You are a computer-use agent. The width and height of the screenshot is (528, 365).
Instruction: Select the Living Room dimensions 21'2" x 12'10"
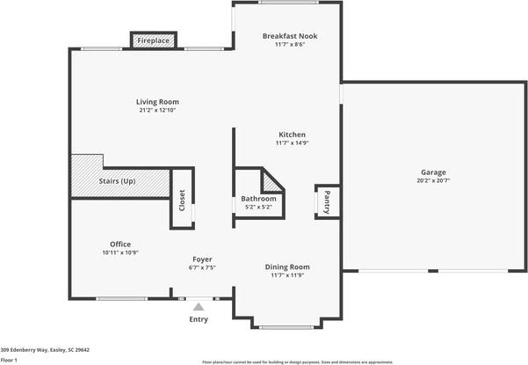157,111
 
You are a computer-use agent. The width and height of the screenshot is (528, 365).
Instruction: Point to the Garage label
433,172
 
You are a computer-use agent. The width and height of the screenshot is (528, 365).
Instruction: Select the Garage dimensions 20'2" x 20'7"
433,180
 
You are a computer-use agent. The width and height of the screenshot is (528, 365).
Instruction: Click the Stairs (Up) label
116,180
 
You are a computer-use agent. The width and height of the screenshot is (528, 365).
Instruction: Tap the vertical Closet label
182,200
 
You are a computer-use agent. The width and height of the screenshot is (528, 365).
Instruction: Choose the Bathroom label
258,199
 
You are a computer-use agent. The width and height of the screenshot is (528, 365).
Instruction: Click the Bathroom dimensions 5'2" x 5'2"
258,208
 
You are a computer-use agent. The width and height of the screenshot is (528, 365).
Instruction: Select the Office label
120,244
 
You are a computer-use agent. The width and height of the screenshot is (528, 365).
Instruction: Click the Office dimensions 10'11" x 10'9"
120,252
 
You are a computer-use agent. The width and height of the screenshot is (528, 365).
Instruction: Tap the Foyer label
202,259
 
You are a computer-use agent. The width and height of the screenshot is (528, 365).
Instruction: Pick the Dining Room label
288,266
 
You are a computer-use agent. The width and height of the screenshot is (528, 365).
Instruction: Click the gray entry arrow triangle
199,306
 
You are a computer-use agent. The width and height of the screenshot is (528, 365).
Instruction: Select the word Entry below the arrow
199,318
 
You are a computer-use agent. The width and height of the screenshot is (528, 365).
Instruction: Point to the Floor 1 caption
11,360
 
